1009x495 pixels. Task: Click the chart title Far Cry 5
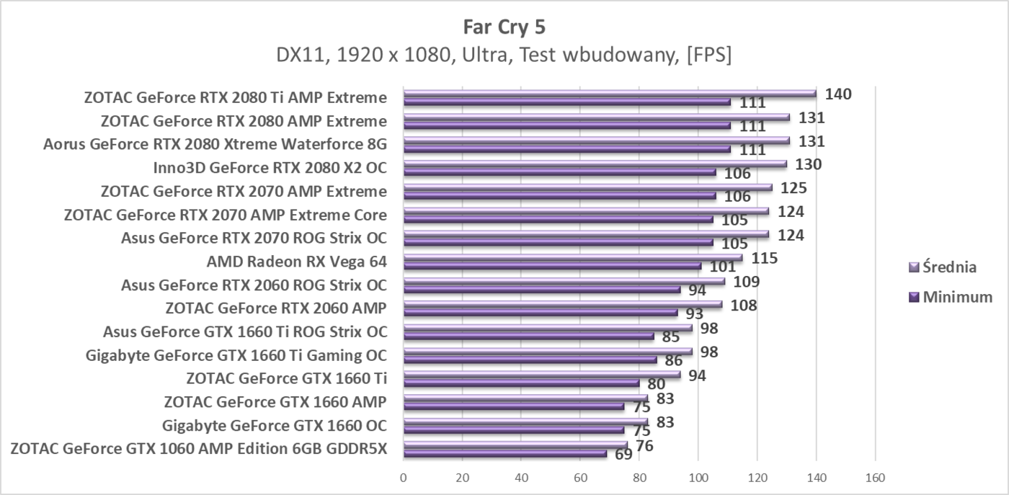(x=504, y=27)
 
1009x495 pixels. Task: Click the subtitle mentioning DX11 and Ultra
(x=504, y=55)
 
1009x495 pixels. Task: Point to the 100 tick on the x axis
(x=698, y=477)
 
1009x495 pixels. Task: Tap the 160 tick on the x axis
(x=874, y=477)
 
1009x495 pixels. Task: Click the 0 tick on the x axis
(x=404, y=477)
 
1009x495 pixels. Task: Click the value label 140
(x=839, y=94)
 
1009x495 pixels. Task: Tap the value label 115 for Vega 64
(x=764, y=258)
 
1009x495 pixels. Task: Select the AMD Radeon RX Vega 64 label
(x=296, y=262)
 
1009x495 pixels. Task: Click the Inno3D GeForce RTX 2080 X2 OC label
(x=270, y=168)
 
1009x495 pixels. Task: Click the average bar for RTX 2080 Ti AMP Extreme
(x=609, y=94)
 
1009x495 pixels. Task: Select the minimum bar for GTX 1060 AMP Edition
(x=504, y=454)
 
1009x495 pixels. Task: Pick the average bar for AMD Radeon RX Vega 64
(x=572, y=258)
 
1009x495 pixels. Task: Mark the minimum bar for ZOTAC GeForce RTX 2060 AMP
(x=540, y=313)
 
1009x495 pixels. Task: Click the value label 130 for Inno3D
(x=808, y=164)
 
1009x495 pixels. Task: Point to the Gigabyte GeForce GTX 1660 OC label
(x=274, y=424)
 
